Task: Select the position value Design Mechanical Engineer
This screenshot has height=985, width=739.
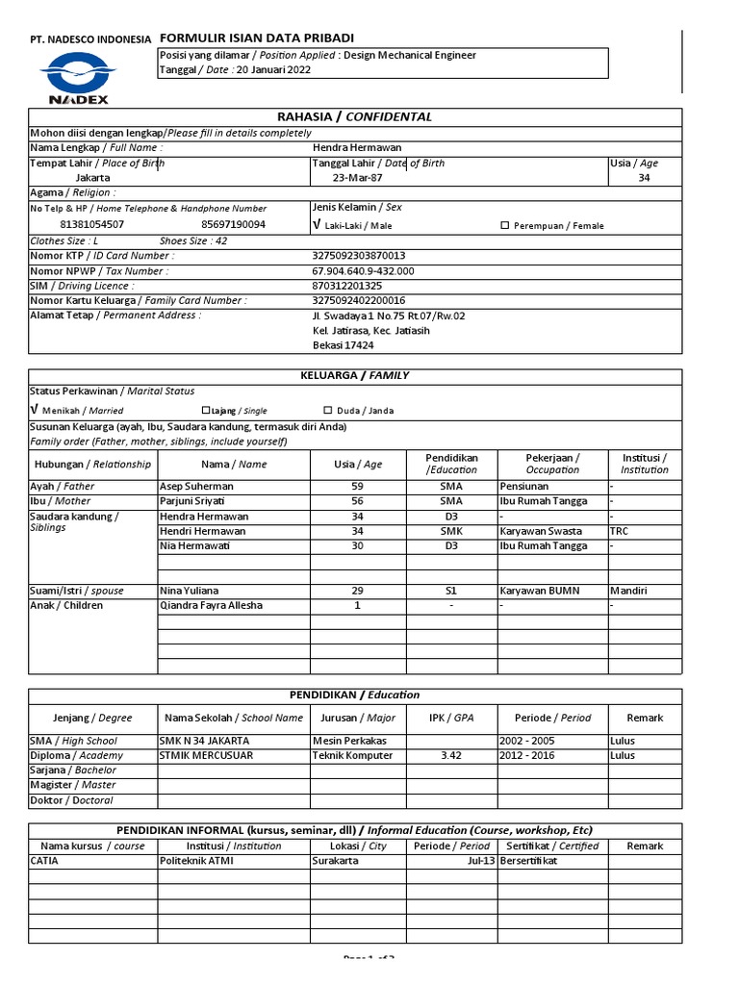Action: tap(410, 56)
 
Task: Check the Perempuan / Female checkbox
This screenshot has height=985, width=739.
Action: tap(505, 226)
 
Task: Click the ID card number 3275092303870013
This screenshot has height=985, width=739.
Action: tap(359, 256)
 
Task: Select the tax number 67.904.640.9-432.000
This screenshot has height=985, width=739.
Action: tap(364, 271)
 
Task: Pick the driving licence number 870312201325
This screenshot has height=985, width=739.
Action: tap(347, 286)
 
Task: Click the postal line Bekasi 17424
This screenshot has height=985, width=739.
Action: tap(344, 345)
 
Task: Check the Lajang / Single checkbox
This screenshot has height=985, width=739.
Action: tap(205, 411)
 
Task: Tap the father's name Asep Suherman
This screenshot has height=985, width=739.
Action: tap(196, 487)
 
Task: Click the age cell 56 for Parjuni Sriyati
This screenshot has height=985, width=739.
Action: tap(358, 501)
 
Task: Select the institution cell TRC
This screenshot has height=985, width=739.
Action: tap(620, 531)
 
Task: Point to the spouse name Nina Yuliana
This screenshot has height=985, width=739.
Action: tap(189, 591)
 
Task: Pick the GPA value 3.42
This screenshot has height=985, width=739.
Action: tap(451, 756)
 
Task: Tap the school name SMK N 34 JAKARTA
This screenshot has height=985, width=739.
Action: tap(204, 741)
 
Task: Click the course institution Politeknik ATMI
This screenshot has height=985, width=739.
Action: tap(196, 861)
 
